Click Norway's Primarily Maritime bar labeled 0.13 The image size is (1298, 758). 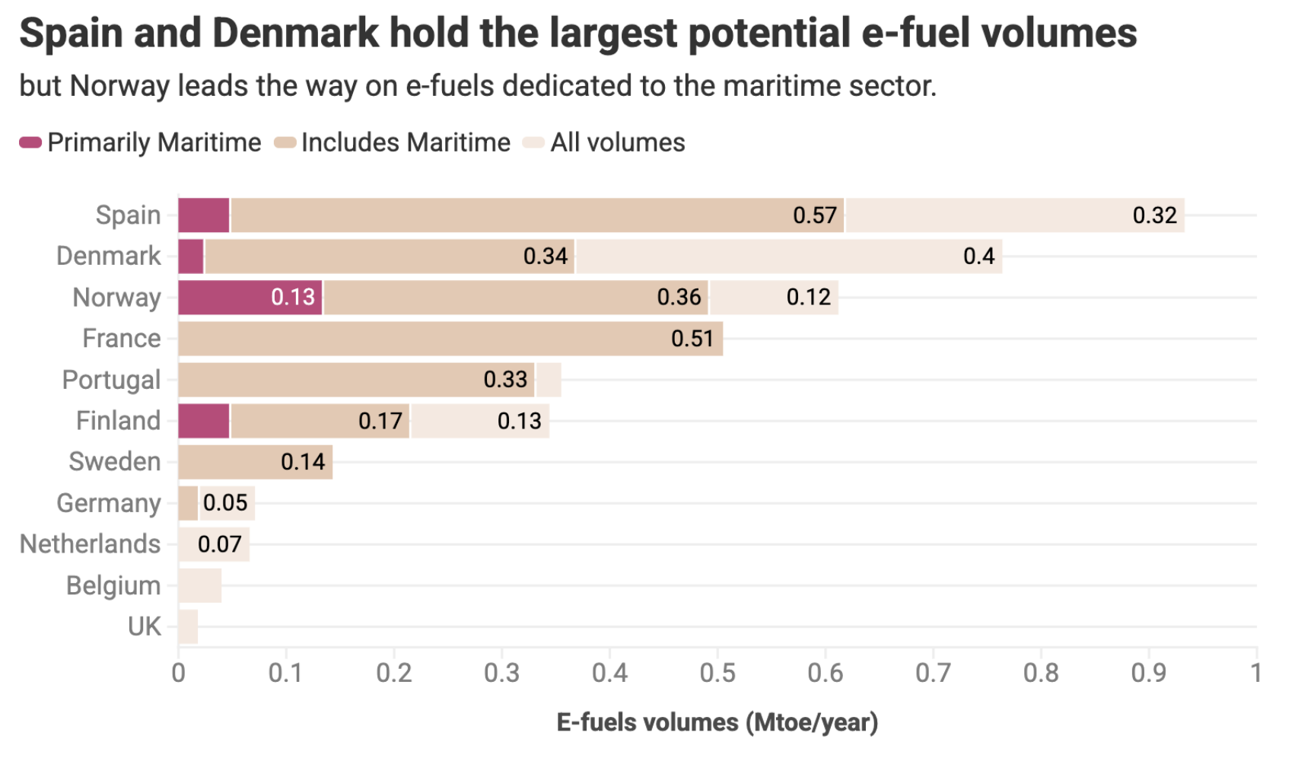tap(250, 298)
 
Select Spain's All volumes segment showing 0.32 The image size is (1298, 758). tap(1014, 215)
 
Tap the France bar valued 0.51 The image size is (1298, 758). tap(450, 339)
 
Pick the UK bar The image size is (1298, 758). tap(188, 627)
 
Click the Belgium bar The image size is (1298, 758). tap(200, 586)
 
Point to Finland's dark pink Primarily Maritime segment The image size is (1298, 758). tap(204, 421)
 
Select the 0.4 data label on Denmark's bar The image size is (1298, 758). tap(978, 256)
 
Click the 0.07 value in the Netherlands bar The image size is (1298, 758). tap(219, 545)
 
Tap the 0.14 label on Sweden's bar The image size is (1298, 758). tap(302, 462)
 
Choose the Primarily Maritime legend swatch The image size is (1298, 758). tap(30, 143)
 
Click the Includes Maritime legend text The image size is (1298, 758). tap(406, 143)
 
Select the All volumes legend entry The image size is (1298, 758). tap(617, 143)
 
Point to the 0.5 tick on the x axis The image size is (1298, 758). tap(717, 674)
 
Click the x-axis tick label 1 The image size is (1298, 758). tap(1255, 674)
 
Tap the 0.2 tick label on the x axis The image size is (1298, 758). tap(394, 674)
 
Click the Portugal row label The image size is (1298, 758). tap(111, 380)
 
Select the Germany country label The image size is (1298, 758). tap(108, 504)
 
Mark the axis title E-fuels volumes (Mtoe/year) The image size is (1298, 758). tap(717, 722)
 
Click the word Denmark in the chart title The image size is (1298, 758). tap(294, 33)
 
